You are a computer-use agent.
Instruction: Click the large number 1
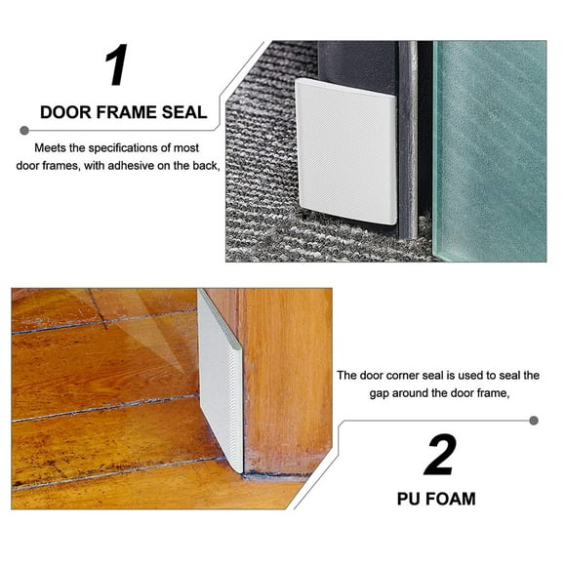coord(116,65)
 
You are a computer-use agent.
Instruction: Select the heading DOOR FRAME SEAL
coord(123,112)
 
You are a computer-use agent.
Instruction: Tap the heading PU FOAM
coord(436,499)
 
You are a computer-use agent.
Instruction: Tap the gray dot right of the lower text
coord(533,421)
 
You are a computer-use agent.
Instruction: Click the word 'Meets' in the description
coord(51,147)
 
